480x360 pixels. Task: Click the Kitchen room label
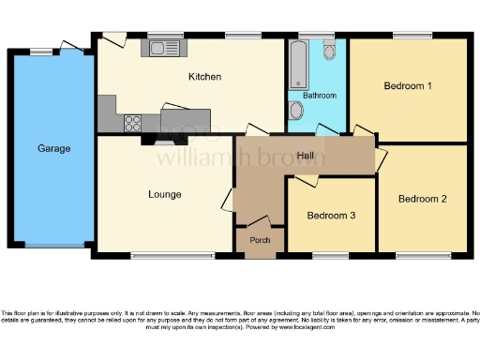(203, 77)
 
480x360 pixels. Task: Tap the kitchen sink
(166, 46)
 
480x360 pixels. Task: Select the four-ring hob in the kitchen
(132, 121)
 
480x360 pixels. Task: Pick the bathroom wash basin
(297, 112)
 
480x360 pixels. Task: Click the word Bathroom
(320, 96)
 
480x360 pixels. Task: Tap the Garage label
(52, 148)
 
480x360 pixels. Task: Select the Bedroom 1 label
(408, 86)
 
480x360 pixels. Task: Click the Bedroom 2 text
(422, 199)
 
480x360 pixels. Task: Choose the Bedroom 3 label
(331, 216)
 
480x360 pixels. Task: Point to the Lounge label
(164, 194)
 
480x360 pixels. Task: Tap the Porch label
(260, 240)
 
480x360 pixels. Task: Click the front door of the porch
(260, 254)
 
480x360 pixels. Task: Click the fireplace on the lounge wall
(149, 141)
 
